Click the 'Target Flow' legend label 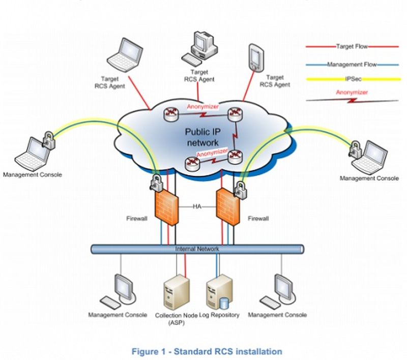[x=352, y=46]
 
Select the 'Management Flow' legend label [x=352, y=65]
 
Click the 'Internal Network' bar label [x=197, y=249]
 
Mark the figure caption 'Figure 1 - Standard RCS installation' [x=207, y=351]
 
